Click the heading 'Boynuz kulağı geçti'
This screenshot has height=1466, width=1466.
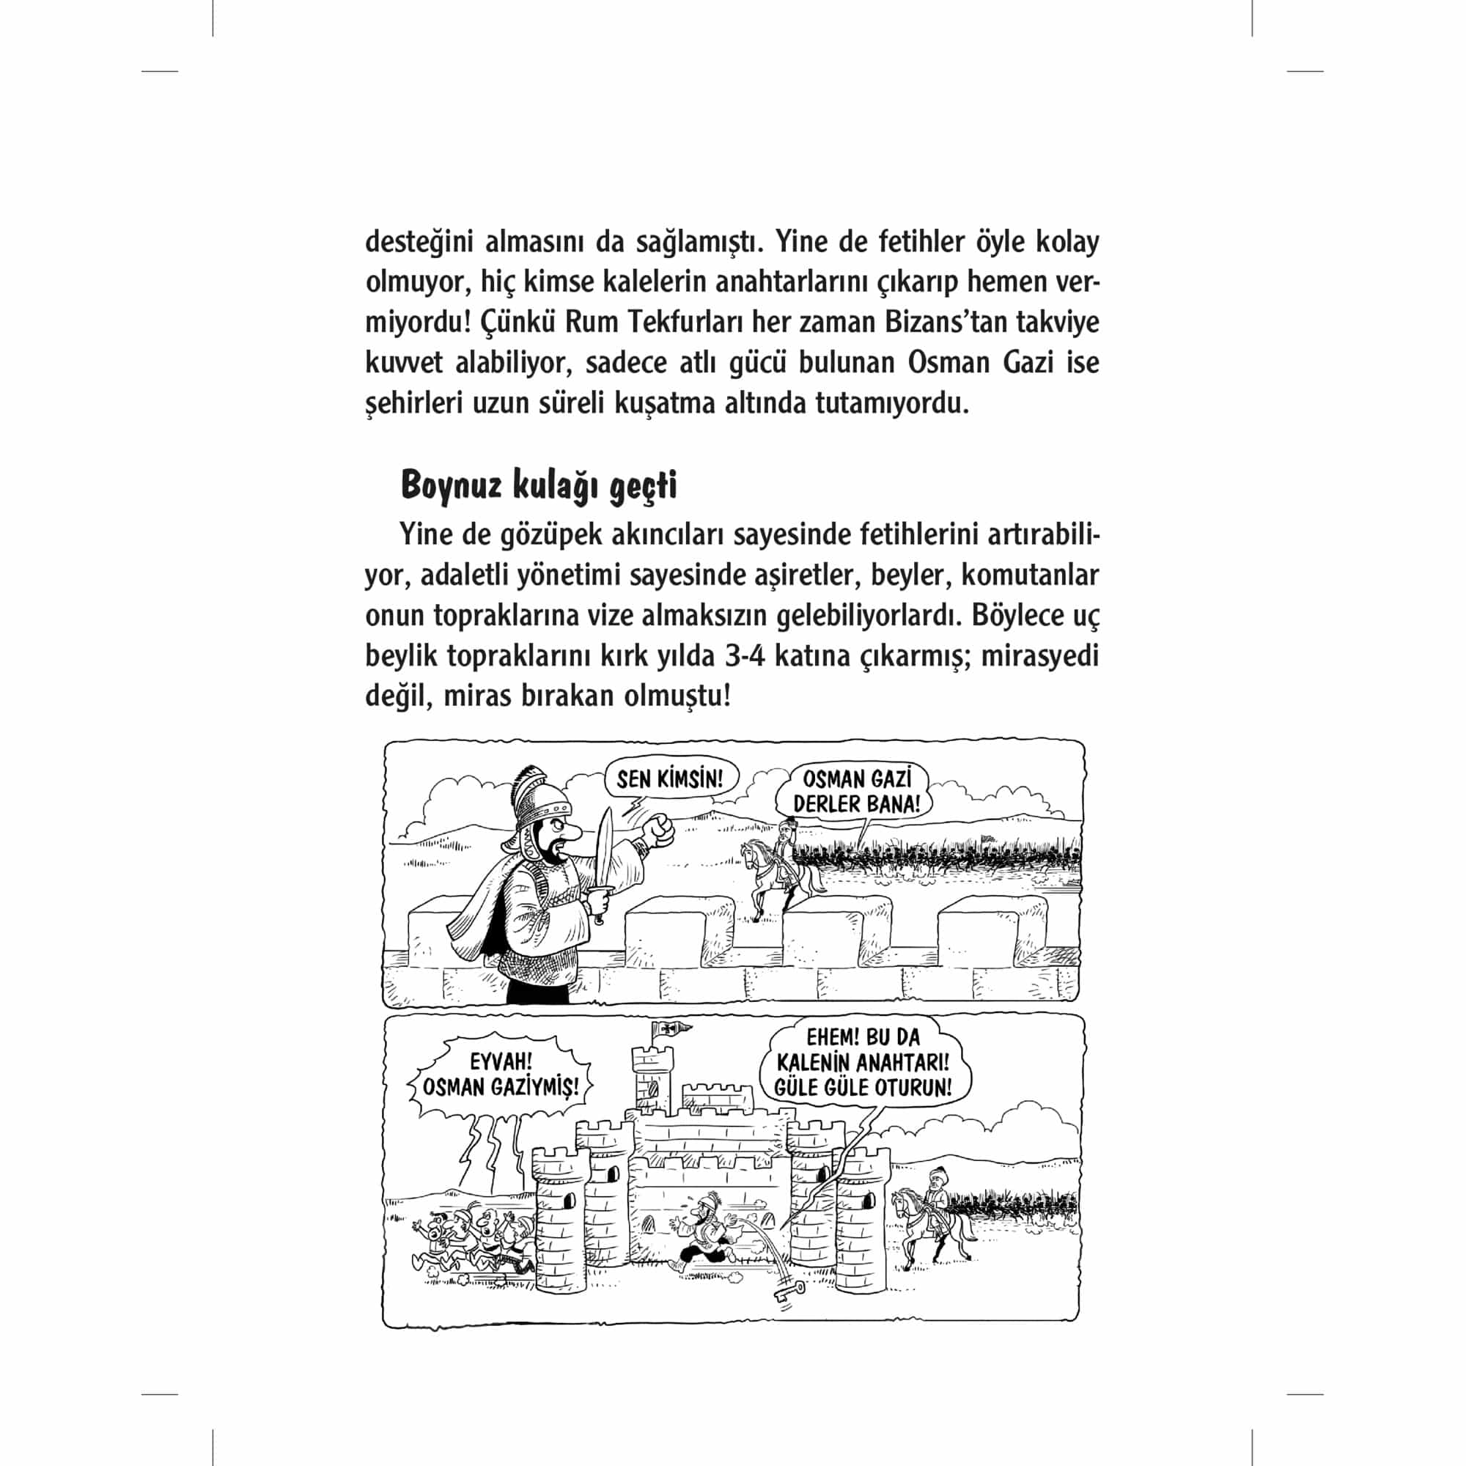click(x=539, y=486)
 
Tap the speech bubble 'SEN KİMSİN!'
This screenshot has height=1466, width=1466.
click(x=671, y=779)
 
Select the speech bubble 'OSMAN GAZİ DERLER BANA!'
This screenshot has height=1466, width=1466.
click(x=856, y=792)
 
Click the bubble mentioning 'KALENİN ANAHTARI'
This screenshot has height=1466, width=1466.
click(x=863, y=1063)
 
